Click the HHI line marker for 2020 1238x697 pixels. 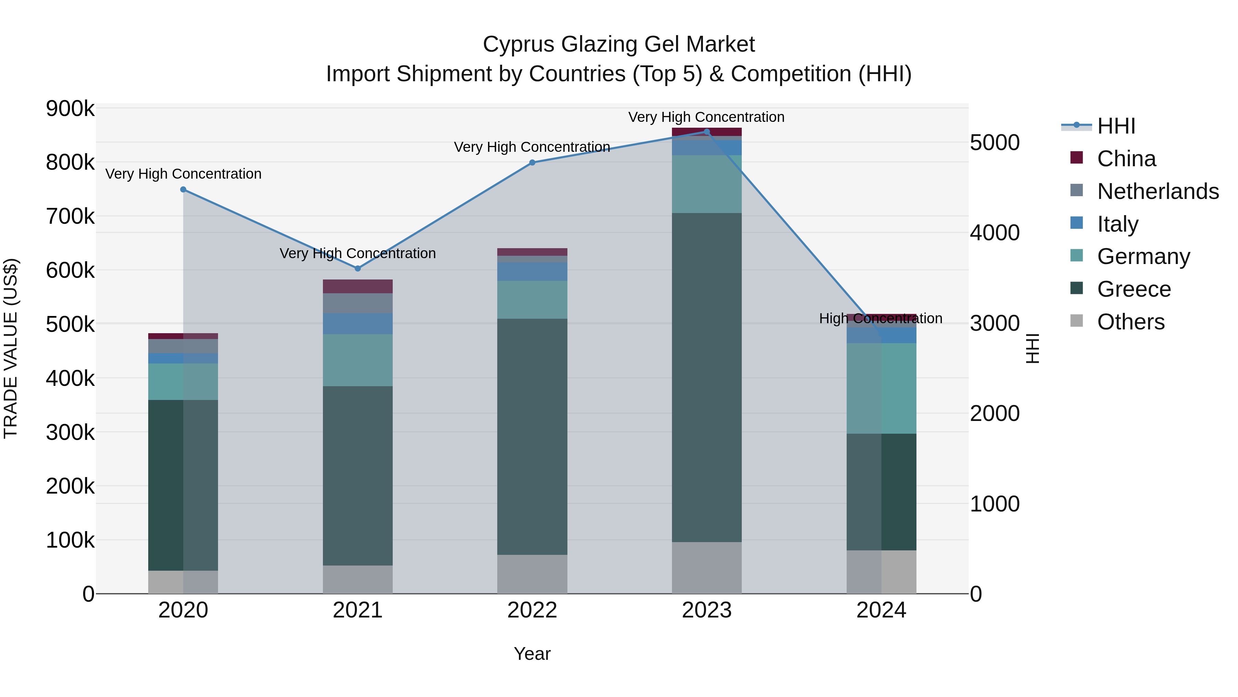coord(183,190)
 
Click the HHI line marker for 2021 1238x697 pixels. coord(358,268)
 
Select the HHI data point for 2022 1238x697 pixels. coord(532,162)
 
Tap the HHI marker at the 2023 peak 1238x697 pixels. coord(706,132)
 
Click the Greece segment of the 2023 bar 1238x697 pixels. coord(706,378)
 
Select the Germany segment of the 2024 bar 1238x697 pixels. coord(881,388)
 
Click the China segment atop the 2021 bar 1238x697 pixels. coord(358,286)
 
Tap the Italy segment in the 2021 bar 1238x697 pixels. coord(358,324)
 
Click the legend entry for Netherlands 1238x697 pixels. coord(1158,191)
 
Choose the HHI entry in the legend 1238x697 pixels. coord(1116,126)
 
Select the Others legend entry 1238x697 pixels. coord(1130,322)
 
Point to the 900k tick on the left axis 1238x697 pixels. coord(70,109)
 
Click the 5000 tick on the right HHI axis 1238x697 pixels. coord(994,143)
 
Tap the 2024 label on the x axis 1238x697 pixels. coord(881,610)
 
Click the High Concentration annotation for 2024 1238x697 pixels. coord(880,318)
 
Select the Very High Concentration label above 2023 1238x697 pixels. coord(706,117)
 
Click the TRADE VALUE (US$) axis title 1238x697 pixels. coord(11,348)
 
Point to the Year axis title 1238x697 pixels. coord(532,654)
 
